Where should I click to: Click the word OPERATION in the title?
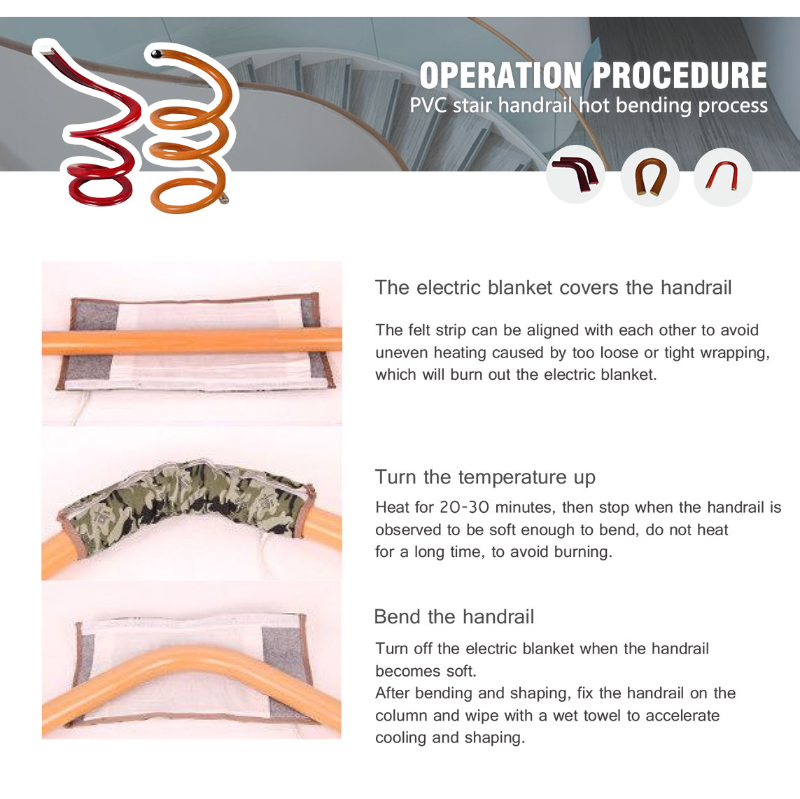coord(500,76)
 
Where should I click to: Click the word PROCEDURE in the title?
coord(680,76)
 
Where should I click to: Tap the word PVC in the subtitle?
coord(428,106)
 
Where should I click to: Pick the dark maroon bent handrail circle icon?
coord(575,174)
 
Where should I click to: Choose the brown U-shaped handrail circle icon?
coord(650,177)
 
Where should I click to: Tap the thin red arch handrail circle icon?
coord(723,177)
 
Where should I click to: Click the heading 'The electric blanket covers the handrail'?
coord(553,288)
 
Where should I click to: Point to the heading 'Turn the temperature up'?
coord(485,477)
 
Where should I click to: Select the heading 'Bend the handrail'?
coord(454,616)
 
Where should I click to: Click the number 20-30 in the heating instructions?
coord(464,507)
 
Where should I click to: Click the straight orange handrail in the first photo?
coord(192,341)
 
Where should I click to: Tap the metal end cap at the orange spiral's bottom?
coord(223,200)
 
